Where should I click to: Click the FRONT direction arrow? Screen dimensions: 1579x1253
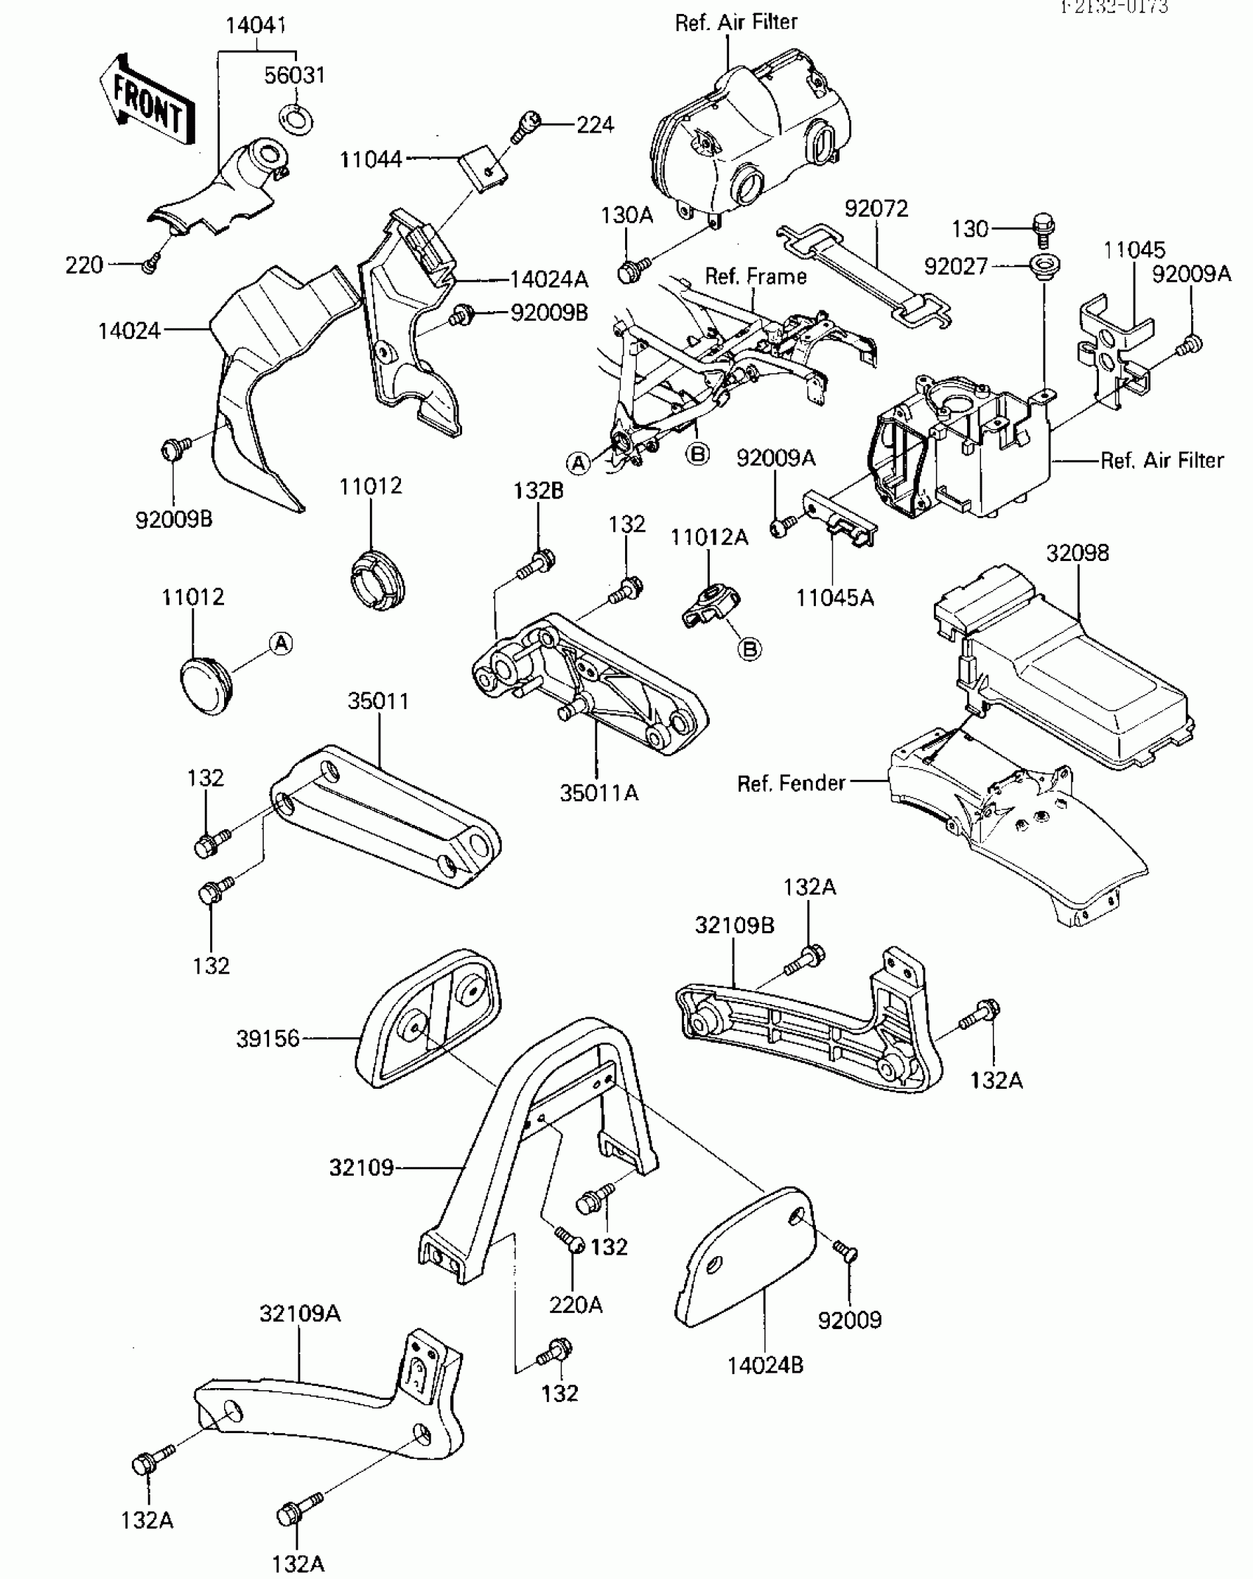[x=147, y=99]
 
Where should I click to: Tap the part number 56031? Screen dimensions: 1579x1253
[x=295, y=75]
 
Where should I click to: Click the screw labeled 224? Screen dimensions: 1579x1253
[x=527, y=126]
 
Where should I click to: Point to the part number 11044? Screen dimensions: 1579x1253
[x=371, y=159]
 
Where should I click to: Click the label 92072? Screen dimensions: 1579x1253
[x=876, y=209]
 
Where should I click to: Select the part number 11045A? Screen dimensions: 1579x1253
[x=834, y=598]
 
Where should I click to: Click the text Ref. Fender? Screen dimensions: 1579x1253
[x=791, y=783]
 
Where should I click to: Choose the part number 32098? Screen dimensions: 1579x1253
[x=1078, y=553]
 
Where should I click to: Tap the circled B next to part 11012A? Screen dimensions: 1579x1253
[x=750, y=649]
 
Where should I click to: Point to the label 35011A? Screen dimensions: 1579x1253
[x=598, y=793]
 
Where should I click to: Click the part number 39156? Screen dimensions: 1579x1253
[x=268, y=1039]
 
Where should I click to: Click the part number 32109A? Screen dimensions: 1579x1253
[x=299, y=1314]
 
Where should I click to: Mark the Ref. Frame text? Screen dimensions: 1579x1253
[x=755, y=276]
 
